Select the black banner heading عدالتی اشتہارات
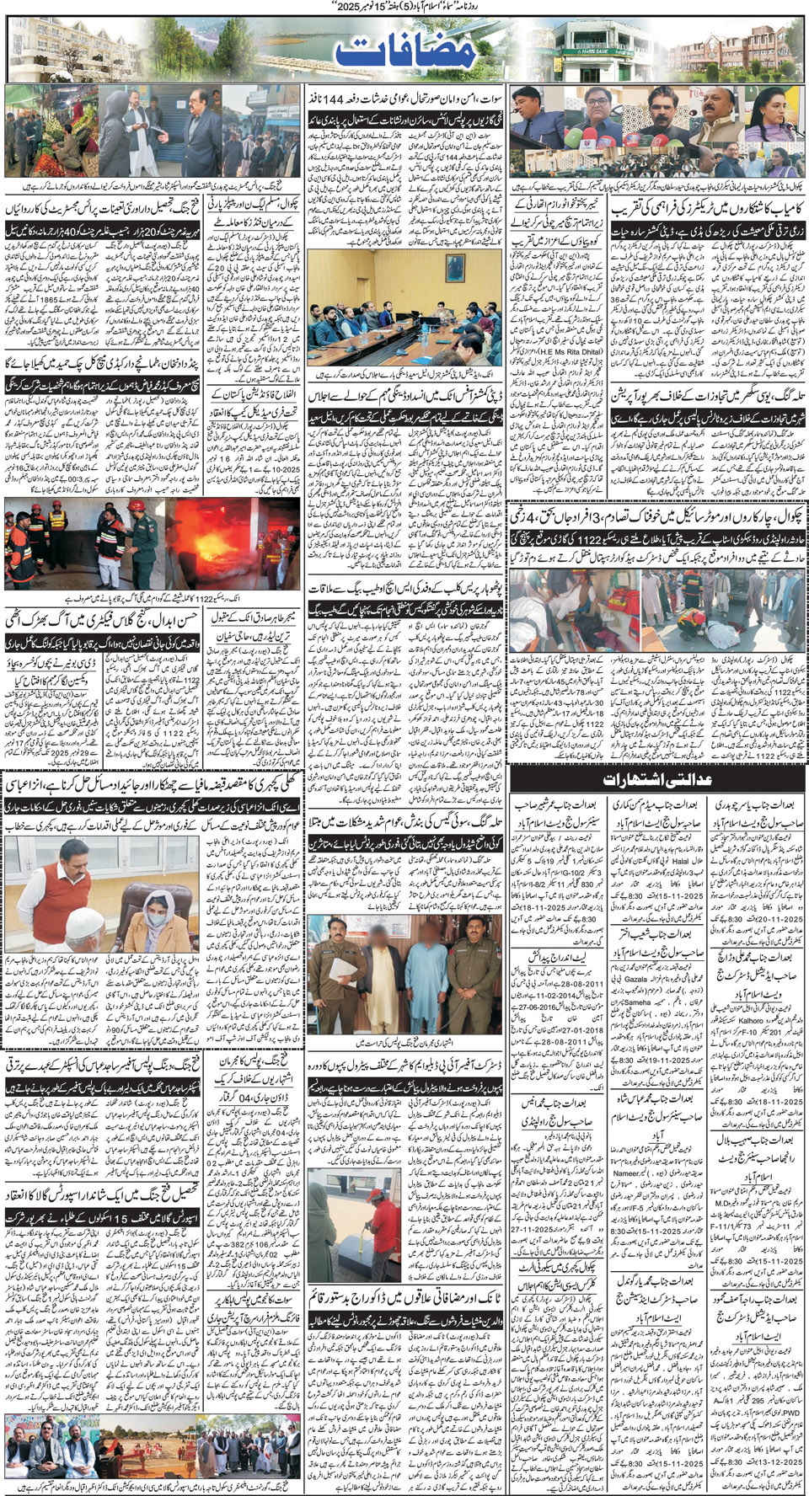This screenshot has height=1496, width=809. click(657, 779)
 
